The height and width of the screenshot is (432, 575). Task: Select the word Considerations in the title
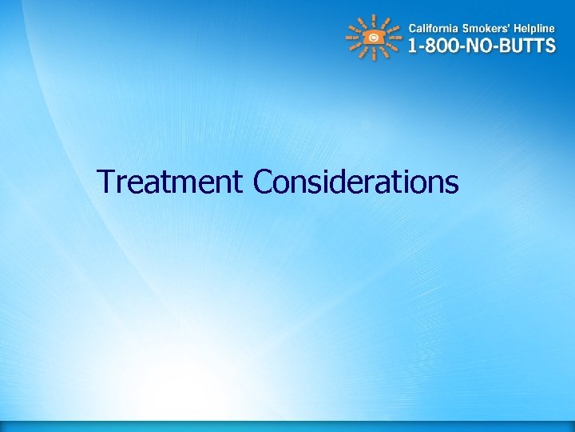355,182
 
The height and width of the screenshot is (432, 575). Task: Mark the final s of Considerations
452,185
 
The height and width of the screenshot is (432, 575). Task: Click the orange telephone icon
374,38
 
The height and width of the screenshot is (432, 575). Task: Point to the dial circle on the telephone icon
374,38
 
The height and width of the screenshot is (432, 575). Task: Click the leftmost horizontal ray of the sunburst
351,38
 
